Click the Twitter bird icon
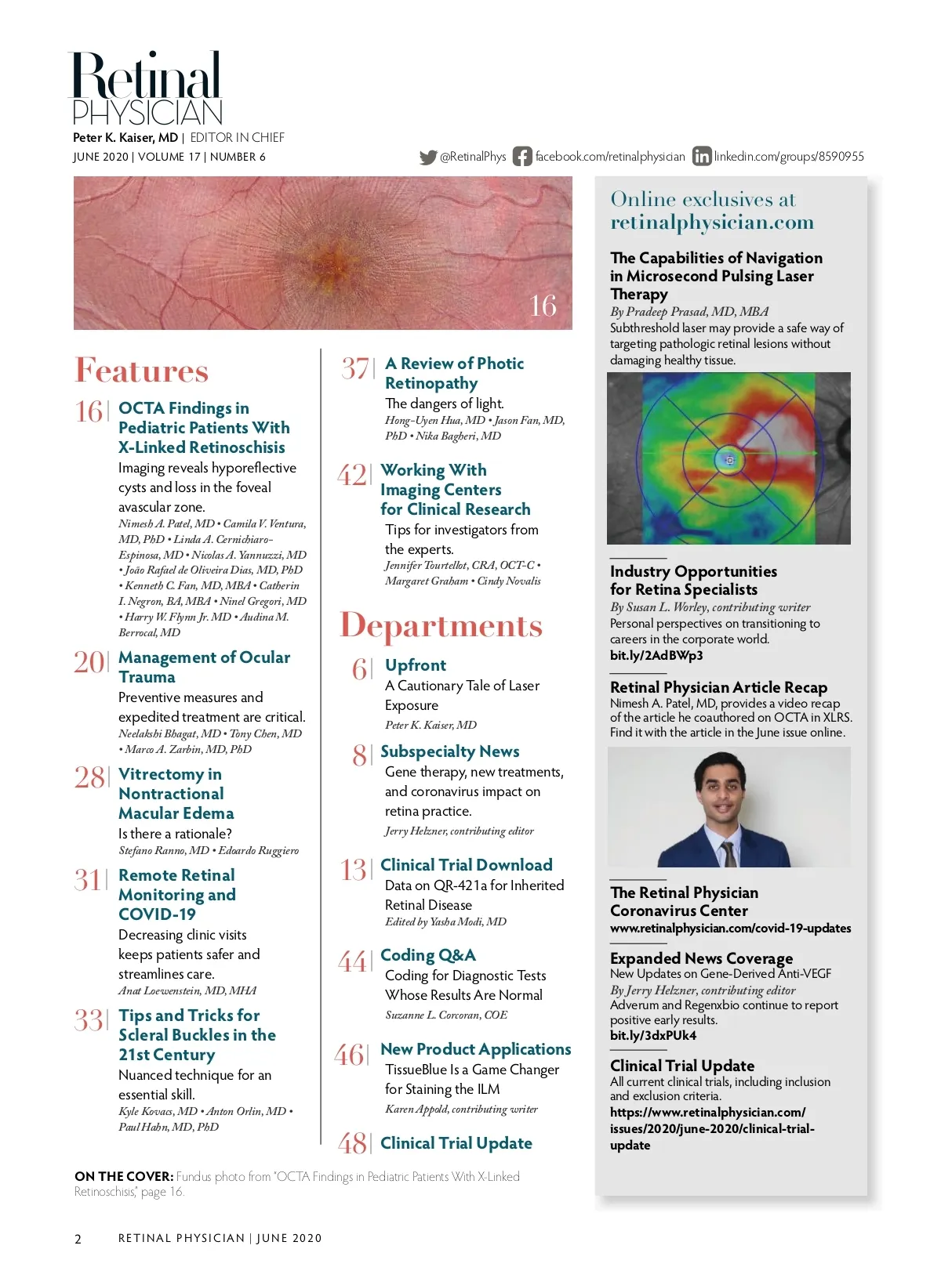coord(427,157)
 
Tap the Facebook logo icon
coord(522,157)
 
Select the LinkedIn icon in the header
coord(702,157)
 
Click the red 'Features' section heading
coord(142,371)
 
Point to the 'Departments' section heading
coord(441,626)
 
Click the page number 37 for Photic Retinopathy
coord(355,368)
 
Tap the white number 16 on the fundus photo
coord(543,306)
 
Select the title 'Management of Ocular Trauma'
coord(204,667)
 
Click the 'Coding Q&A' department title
coord(428,955)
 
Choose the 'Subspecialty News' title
coord(450,751)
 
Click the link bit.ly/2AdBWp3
coord(656,655)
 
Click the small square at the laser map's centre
coord(729,460)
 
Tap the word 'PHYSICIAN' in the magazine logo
coord(147,113)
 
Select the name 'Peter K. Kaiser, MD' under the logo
coord(125,138)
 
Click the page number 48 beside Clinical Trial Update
coord(353,1143)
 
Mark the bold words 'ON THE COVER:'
coord(124,1177)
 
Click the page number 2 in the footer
coord(78,1239)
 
